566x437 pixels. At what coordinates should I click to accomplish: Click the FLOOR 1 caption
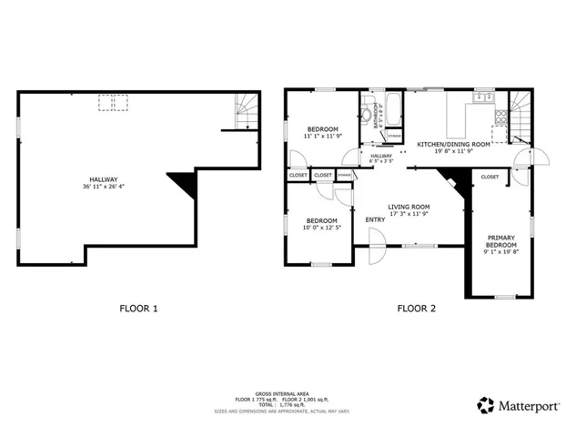(x=139, y=309)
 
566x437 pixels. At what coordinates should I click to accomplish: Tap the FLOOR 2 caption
(x=416, y=309)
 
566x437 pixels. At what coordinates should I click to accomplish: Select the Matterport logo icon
(x=486, y=403)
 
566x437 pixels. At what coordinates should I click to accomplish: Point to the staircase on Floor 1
(x=246, y=110)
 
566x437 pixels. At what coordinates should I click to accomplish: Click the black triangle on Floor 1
(x=186, y=186)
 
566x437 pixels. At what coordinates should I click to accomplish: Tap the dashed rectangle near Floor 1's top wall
(x=112, y=103)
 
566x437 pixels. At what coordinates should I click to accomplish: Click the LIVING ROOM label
(x=409, y=207)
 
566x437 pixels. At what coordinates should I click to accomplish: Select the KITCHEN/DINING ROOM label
(x=454, y=144)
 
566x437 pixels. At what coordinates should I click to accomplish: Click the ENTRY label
(x=375, y=219)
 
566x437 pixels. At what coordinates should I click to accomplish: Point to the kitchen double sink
(x=482, y=97)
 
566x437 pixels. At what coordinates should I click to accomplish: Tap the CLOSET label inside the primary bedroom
(x=490, y=177)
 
